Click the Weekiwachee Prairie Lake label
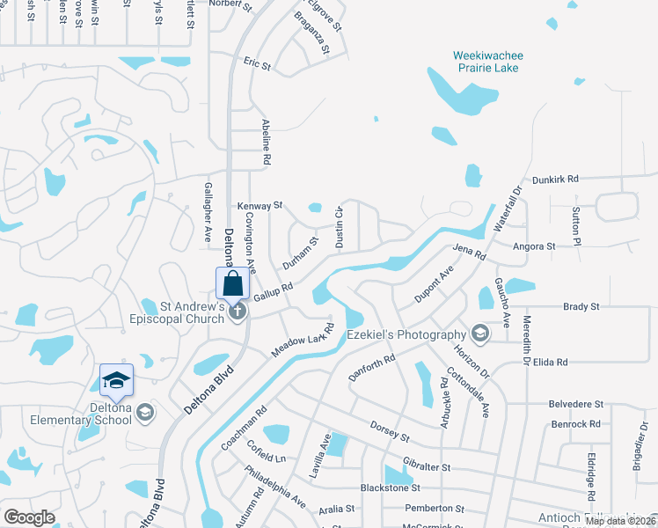(487, 62)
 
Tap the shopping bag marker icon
(232, 284)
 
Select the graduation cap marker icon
(116, 381)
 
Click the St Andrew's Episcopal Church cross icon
(236, 312)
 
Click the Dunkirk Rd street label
(559, 179)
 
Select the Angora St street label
(535, 247)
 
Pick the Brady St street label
(581, 307)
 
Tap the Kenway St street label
(260, 205)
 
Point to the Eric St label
(257, 64)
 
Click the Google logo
(29, 517)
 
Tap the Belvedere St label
(576, 404)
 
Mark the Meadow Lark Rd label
(303, 341)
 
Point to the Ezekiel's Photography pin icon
(479, 334)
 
